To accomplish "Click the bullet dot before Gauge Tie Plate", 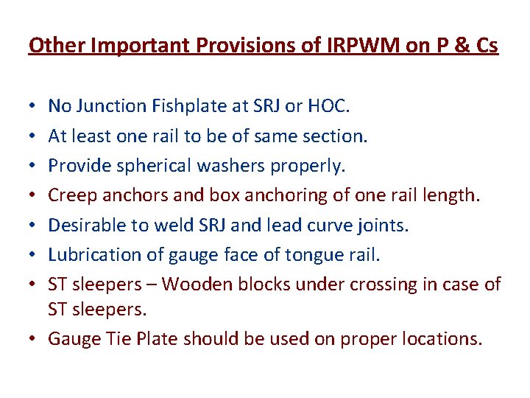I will pyautogui.click(x=33, y=339).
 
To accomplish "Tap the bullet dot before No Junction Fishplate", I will pyautogui.click(x=33, y=106).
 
